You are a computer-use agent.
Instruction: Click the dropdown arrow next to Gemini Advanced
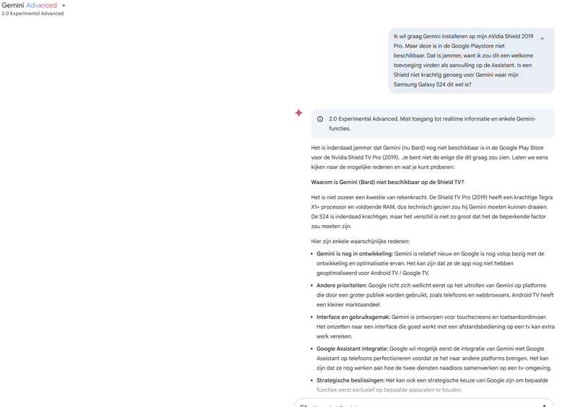[x=63, y=6]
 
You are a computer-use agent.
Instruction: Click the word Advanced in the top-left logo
[x=42, y=5]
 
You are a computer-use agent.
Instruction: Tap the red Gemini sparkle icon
[x=299, y=113]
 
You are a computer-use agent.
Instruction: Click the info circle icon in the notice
[x=320, y=119]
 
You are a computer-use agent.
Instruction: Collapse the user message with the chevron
[x=542, y=39]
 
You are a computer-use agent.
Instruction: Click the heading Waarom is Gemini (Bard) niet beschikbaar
[x=387, y=183]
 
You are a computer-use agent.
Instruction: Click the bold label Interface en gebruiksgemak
[x=353, y=318]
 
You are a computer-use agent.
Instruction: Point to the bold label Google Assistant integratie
[x=352, y=349]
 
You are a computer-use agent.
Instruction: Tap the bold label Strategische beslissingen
[x=351, y=380]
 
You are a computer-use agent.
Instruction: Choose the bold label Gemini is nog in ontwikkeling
[x=355, y=254]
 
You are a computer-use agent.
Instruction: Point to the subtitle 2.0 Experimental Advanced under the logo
[x=32, y=14]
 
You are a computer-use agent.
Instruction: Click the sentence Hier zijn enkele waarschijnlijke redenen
[x=361, y=241]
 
